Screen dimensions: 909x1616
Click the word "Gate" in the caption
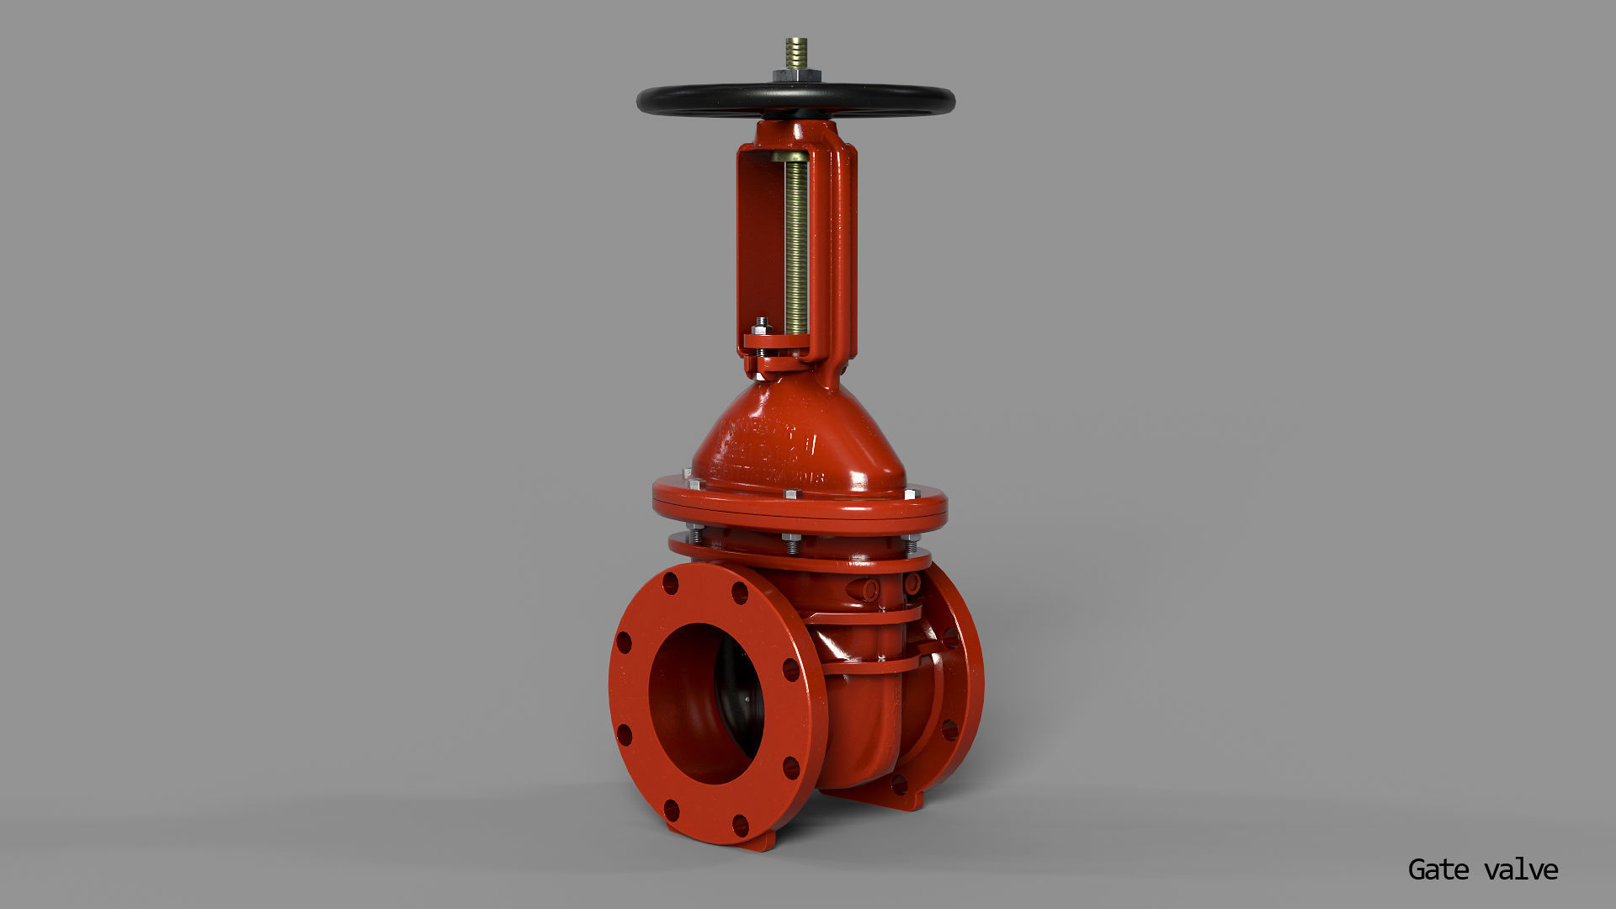point(1438,869)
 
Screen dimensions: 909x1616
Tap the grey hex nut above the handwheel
point(796,76)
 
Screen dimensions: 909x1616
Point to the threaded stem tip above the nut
point(795,51)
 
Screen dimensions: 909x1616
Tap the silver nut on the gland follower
point(761,324)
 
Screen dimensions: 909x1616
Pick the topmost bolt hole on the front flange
point(671,583)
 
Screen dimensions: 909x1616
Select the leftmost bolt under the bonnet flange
point(695,534)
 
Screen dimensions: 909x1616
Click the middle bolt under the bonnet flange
point(791,543)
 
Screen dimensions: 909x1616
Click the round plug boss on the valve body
point(869,589)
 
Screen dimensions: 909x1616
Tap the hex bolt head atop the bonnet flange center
point(791,494)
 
